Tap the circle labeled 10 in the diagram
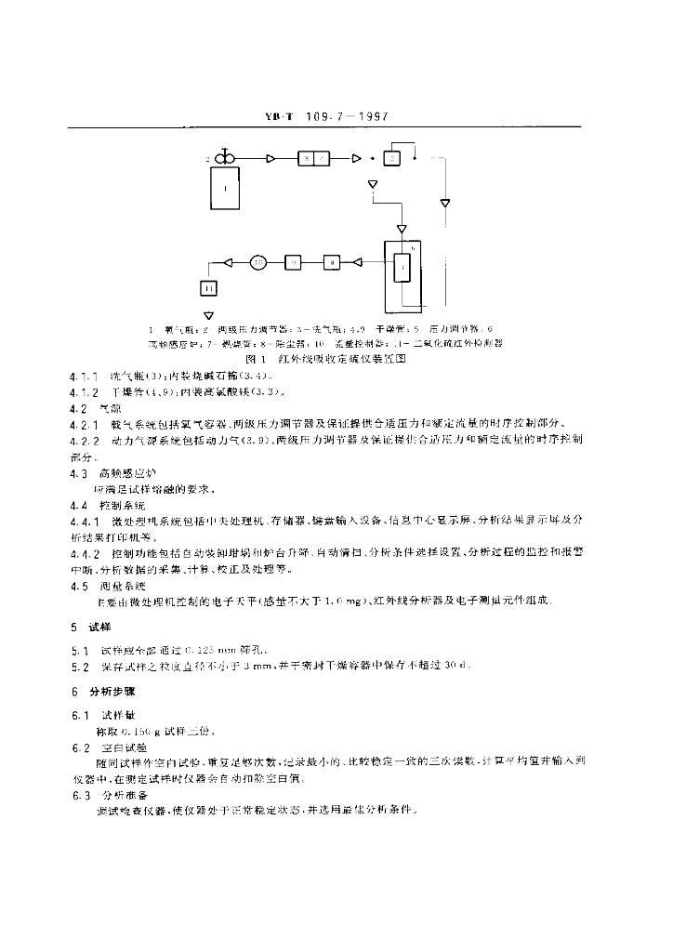tap(258, 263)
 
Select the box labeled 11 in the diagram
tap(208, 288)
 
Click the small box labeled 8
tap(333, 263)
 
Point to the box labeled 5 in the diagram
tap(392, 160)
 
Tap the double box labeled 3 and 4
tap(312, 160)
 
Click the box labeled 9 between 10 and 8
tap(293, 263)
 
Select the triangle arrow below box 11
tap(208, 314)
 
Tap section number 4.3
tap(78, 471)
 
